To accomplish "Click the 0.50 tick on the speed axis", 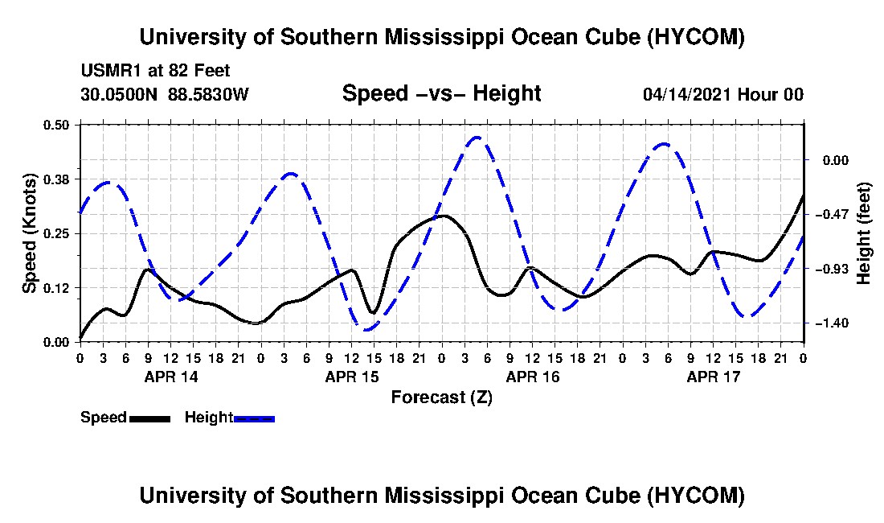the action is (55, 125).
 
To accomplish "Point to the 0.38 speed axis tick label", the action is (55, 179).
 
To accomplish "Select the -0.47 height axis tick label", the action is (832, 214).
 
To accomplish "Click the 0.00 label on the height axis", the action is (836, 160).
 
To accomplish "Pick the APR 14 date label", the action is (171, 377).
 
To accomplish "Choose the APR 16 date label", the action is (533, 377).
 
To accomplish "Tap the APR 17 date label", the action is (713, 377).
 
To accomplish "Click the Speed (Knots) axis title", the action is (29, 233).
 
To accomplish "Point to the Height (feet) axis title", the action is (864, 233).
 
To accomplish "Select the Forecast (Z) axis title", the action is (442, 397).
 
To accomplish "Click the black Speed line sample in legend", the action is (150, 418).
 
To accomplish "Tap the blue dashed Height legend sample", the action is (254, 418).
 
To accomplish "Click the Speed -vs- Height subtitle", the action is (442, 93).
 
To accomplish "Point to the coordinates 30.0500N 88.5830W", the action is (165, 94).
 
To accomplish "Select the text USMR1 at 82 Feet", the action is (156, 71).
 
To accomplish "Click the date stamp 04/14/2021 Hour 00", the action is (723, 94).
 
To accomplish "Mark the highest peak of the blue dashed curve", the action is (477, 137).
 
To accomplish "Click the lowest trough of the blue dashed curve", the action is (366, 329).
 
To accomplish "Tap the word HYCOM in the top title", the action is (694, 37).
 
